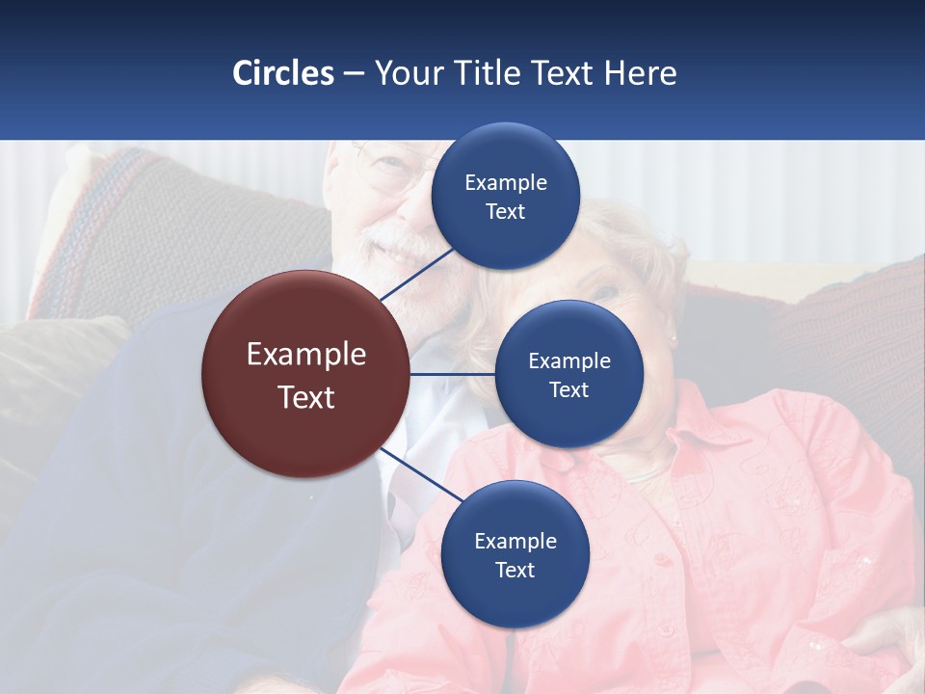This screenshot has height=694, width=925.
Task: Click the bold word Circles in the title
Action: coord(283,73)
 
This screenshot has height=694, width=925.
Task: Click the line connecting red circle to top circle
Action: coord(416,273)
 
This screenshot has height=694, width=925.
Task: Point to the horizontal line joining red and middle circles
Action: coord(453,373)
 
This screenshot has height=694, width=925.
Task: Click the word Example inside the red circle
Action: coord(306,354)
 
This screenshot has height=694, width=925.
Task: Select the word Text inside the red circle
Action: coord(306,397)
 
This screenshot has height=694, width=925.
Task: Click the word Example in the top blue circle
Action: coord(506,182)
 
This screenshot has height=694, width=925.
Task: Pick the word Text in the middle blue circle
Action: coord(568,390)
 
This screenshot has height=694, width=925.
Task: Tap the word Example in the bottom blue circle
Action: coord(515,541)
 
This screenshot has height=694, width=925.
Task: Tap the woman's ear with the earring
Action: coord(672,333)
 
